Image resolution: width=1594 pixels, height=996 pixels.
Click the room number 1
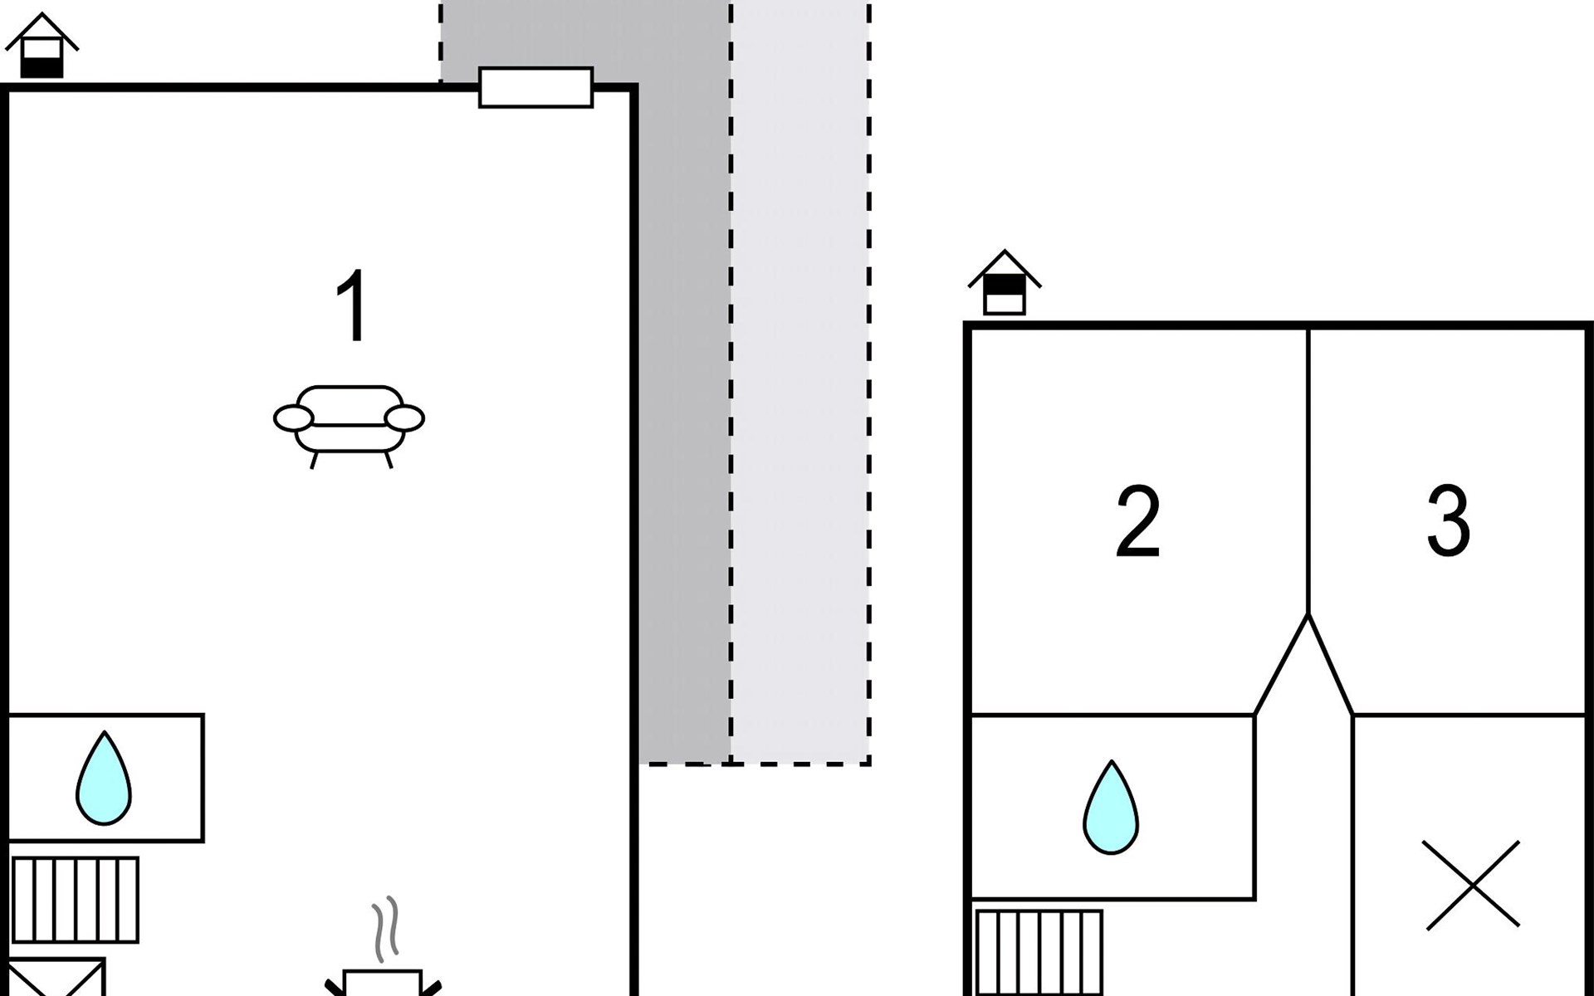pos(353,305)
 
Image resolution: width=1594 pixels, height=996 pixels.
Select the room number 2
pos(1137,522)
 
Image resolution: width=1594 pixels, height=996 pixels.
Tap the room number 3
pos(1449,520)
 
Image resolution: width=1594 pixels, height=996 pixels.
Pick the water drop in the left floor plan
pos(104,779)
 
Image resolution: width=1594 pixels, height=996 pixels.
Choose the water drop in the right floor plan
pos(1111,808)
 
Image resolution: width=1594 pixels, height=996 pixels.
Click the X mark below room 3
pos(1472,885)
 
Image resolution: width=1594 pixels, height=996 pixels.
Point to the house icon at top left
pos(42,46)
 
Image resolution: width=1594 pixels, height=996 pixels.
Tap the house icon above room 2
pos(1005,283)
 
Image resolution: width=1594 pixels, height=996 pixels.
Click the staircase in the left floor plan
pos(76,900)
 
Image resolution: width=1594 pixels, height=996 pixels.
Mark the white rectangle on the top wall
pos(536,87)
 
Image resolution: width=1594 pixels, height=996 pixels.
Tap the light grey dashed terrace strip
pos(800,382)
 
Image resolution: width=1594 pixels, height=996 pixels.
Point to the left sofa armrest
pos(293,418)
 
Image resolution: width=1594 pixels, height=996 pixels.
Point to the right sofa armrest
pos(405,418)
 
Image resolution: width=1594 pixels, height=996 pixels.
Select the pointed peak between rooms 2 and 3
pos(1308,616)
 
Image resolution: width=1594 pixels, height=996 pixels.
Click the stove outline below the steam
pos(383,983)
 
